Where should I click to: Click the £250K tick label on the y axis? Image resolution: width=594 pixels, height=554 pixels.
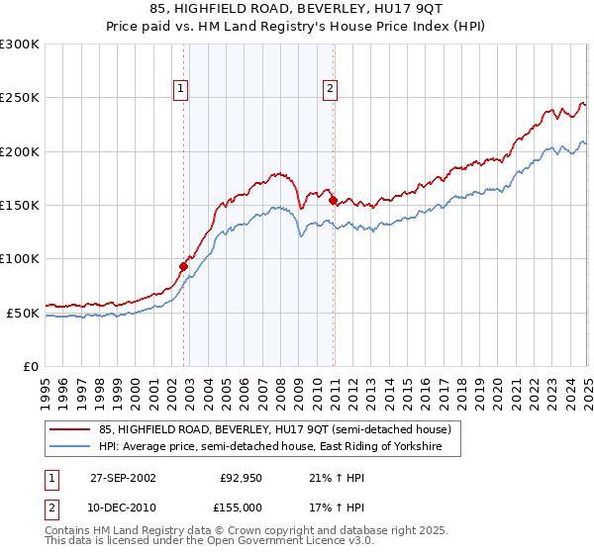(20, 98)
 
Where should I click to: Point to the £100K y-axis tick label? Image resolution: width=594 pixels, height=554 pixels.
(20, 259)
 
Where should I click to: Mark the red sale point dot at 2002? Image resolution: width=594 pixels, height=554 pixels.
(183, 266)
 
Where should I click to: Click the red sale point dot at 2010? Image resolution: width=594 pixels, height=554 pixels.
(333, 200)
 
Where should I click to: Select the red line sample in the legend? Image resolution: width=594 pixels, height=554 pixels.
(70, 430)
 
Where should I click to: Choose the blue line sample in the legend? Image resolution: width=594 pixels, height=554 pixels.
(70, 447)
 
